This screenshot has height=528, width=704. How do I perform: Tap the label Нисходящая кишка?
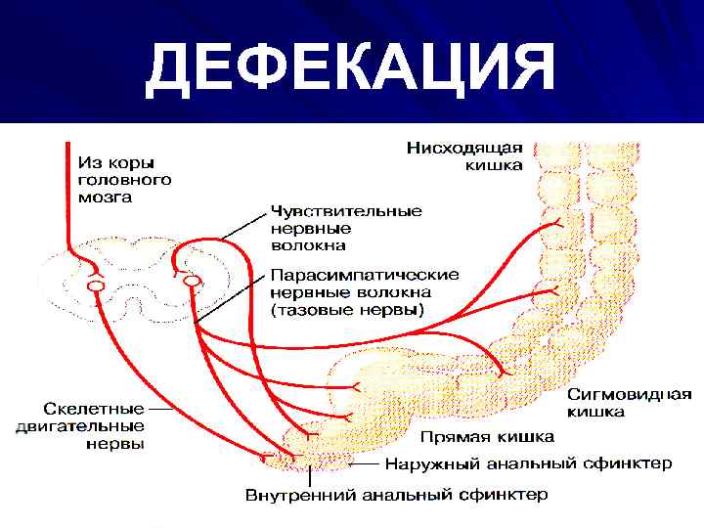point(465,156)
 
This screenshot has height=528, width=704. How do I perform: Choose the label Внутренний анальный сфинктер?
point(396,495)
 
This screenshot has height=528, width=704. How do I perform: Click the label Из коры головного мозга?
point(125,179)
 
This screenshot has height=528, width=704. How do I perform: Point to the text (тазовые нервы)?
point(348,311)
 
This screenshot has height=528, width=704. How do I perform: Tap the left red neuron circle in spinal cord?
point(95,286)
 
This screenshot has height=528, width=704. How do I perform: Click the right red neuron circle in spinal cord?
point(193,282)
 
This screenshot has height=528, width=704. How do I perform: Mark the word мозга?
point(109,198)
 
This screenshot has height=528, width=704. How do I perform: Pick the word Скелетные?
point(95,407)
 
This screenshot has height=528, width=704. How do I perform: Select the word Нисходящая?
point(465,148)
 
